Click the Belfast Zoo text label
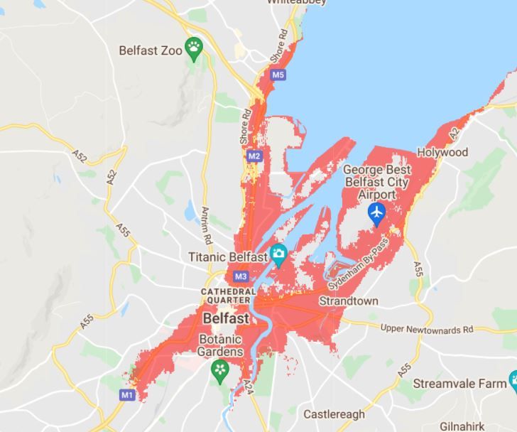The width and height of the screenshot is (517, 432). [x=151, y=50]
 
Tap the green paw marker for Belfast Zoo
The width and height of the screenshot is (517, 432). [x=194, y=48]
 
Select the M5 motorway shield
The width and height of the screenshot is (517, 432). [x=278, y=75]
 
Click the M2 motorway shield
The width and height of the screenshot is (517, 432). [x=254, y=156]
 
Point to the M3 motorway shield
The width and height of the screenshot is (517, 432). [x=240, y=276]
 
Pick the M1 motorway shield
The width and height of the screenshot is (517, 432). [x=127, y=394]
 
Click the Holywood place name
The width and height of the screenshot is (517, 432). [x=442, y=152]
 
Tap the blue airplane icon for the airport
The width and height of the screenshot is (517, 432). [x=376, y=212]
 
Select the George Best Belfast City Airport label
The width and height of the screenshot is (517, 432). [x=376, y=182]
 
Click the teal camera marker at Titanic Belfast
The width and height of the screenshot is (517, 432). [x=278, y=254]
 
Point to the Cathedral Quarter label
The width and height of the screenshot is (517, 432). [x=228, y=296]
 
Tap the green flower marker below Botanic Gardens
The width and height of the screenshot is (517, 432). [x=220, y=370]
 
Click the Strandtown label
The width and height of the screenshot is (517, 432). [x=348, y=301]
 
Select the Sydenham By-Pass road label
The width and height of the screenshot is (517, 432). [x=359, y=264]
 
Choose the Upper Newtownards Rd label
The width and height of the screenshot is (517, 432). [x=426, y=329]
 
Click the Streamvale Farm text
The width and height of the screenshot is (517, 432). [x=460, y=383]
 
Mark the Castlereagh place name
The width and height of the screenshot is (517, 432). [x=334, y=414]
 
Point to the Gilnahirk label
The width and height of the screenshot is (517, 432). [x=462, y=426]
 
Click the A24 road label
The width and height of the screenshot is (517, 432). [x=249, y=387]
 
